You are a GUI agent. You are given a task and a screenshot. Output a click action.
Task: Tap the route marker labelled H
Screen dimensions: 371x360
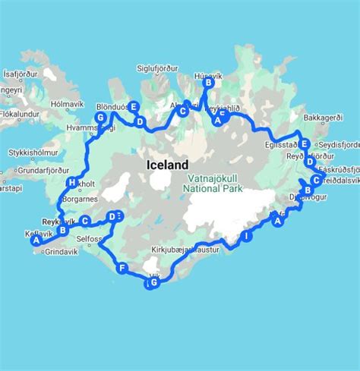point(72,183)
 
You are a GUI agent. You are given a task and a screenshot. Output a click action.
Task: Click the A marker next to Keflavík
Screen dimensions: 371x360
point(35,241)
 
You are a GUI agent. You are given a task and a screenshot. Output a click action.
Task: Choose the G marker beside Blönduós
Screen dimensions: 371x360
point(99,118)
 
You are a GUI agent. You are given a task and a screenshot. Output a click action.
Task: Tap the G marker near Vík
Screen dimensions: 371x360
point(154,283)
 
